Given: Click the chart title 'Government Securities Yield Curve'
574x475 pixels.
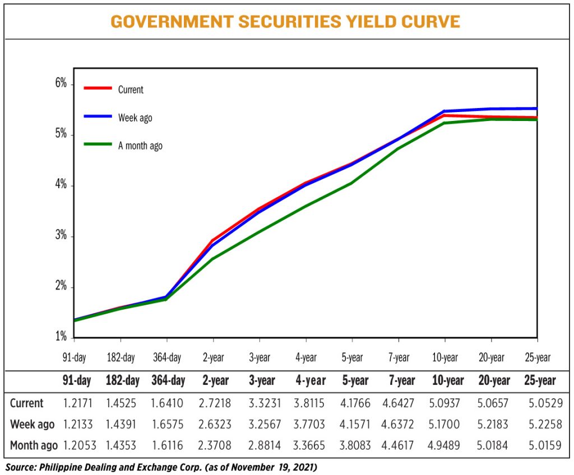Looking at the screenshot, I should tap(285, 21).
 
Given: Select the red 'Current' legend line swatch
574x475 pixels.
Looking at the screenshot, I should tap(98, 89).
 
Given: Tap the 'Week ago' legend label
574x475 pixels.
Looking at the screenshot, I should tap(135, 118).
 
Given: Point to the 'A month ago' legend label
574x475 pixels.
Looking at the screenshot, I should tap(140, 146).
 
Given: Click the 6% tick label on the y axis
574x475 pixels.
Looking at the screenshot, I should tap(61, 83).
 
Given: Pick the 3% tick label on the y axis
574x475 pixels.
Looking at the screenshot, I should tap(61, 236).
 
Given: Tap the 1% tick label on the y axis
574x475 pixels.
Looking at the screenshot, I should tap(61, 337).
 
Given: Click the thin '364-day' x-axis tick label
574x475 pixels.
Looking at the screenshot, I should tap(166, 357).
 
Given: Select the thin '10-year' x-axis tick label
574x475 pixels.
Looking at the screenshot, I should tap(445, 357).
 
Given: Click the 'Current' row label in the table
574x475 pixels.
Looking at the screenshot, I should tap(26, 403).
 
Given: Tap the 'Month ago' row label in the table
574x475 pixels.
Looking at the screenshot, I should tap(34, 446).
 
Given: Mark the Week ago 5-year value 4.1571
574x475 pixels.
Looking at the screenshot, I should tap(355, 425).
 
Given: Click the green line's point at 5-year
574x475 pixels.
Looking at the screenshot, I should tap(352, 183).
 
